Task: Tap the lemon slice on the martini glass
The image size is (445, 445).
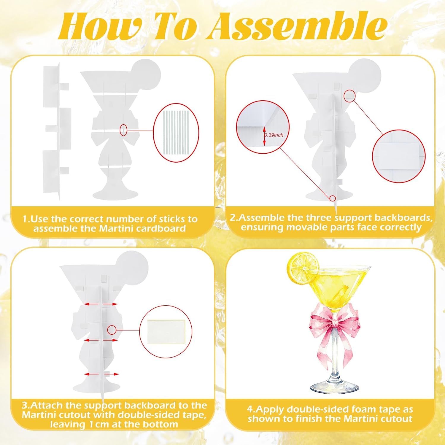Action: click(303, 268)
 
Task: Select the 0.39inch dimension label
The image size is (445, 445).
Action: click(274, 135)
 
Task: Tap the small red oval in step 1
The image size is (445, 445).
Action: click(123, 130)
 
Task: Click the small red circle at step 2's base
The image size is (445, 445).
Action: click(333, 198)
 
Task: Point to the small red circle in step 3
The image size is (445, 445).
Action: click(112, 330)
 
